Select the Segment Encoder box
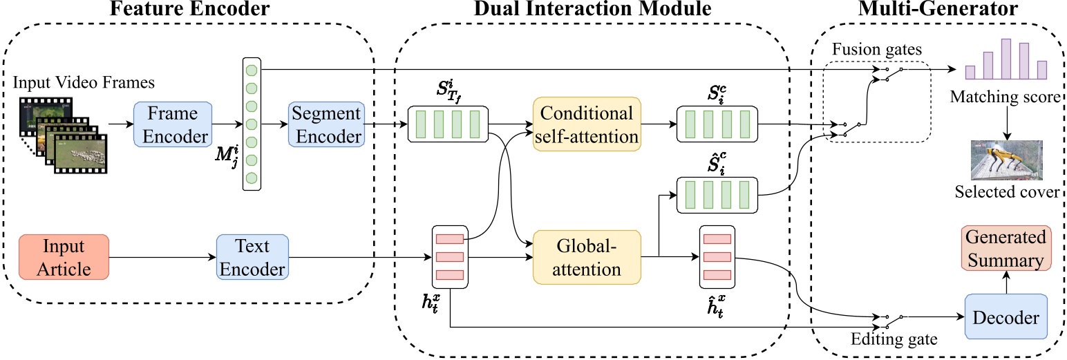326,125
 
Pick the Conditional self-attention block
587,125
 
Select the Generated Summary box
1005,249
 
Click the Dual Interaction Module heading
592,10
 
